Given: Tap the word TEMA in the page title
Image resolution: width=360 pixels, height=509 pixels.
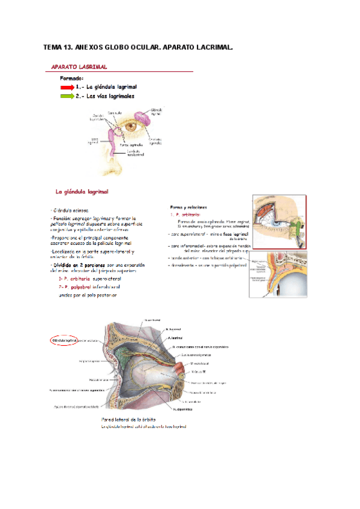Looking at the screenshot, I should pyautogui.click(x=55, y=47).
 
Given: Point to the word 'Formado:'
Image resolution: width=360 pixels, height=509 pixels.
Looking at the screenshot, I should pyautogui.click(x=71, y=78).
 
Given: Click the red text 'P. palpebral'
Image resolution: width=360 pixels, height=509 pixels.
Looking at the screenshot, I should pyautogui.click(x=74, y=288).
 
